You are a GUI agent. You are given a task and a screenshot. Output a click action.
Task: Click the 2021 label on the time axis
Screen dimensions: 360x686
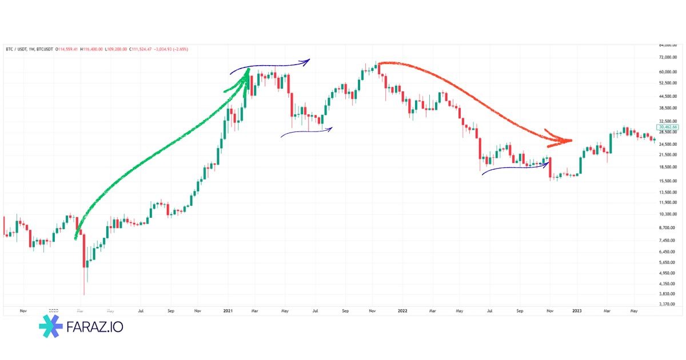coord(228,311)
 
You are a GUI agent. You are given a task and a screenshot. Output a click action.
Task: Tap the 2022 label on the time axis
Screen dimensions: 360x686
coord(402,311)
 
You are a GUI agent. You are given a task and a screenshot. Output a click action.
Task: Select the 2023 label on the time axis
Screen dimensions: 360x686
coord(577,311)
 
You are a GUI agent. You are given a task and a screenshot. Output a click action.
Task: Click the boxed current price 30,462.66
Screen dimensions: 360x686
coord(668,126)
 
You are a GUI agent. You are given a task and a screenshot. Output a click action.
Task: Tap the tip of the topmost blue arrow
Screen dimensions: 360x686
coord(309,60)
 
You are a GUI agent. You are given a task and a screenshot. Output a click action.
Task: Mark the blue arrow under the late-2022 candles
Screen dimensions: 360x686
coord(514,167)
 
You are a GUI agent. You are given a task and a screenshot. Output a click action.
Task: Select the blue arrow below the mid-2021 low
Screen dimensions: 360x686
coord(306,132)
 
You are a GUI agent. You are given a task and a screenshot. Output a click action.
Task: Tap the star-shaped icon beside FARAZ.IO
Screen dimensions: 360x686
coord(51,327)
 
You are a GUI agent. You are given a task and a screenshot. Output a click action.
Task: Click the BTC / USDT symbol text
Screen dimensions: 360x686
coord(17,49)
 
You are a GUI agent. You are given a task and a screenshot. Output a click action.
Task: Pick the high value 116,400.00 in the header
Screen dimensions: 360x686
coord(92,49)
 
